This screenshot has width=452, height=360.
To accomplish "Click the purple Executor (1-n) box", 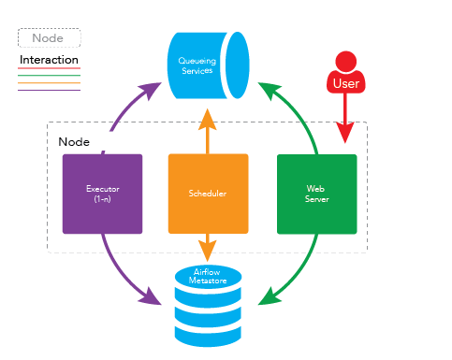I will tap(102, 194).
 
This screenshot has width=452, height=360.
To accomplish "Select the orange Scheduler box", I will tap(208, 194).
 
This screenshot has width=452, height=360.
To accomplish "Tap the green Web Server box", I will tap(316, 194).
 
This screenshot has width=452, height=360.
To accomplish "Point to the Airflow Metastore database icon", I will tap(208, 304).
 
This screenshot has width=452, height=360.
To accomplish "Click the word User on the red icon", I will tap(346, 84).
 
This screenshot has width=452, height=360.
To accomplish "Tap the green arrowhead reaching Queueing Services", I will tap(266, 91).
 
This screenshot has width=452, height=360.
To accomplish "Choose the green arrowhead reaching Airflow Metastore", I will tap(267, 298).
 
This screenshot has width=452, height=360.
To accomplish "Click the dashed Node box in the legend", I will tap(49, 38).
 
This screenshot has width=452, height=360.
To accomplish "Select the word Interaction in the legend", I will tap(49, 60).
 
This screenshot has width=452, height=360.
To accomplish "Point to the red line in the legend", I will tap(49, 69).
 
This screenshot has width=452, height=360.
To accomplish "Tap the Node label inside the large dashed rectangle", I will tap(74, 141).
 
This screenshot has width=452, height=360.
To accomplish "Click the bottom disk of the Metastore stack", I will tap(208, 332).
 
